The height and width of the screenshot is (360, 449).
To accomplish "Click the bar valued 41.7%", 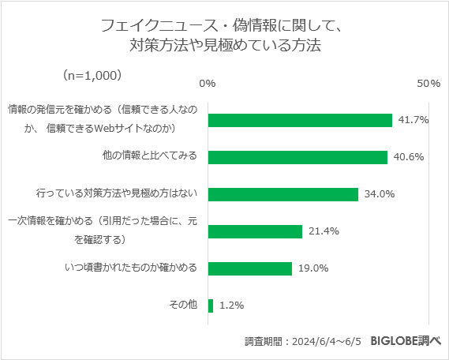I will coord(300,120).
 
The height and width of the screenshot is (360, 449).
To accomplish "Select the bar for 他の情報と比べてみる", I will coord(297,157).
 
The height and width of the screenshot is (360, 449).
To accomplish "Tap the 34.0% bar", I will coord(282,194).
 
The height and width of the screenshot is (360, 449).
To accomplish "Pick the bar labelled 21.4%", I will coord(255,231).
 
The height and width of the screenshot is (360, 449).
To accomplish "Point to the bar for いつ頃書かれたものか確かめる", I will coord(249,268).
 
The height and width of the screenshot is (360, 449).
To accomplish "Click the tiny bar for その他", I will coord(211,305).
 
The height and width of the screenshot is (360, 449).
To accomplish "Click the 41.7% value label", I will coord(413,120).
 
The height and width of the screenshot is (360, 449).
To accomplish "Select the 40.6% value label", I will coord(409,157).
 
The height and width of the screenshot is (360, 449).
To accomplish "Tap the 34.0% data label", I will coord(380,194).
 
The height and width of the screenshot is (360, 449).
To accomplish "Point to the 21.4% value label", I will coord(324,231).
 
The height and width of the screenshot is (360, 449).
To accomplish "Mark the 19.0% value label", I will coord(313,268).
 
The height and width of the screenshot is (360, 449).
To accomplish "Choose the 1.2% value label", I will coord(231,305).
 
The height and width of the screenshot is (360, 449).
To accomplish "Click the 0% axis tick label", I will coord(208,83).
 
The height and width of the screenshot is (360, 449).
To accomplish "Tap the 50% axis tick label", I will coord(428,83).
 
